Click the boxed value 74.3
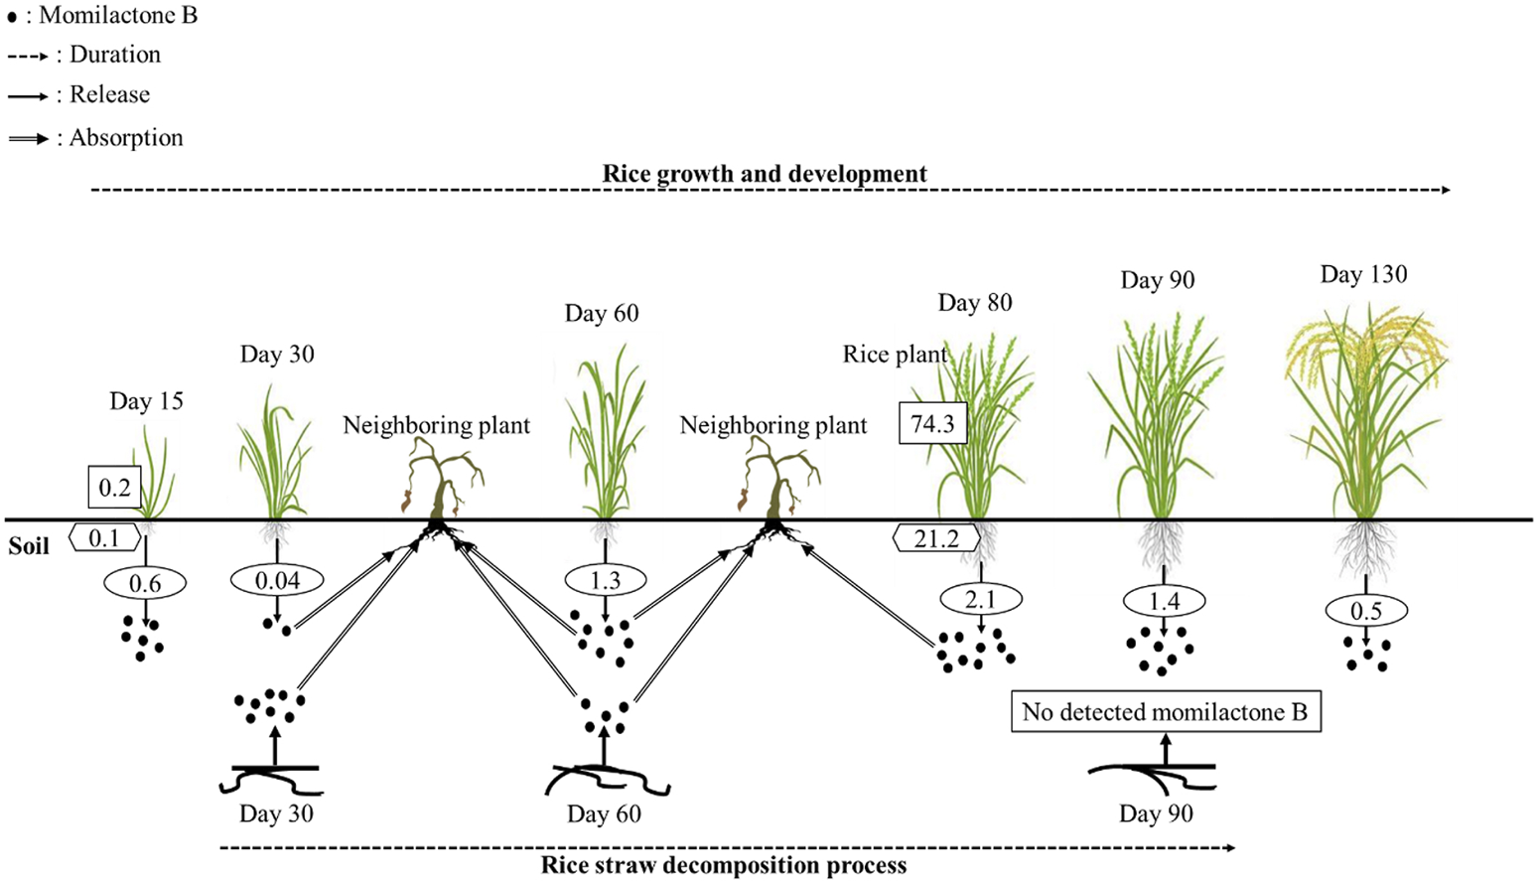click(x=932, y=424)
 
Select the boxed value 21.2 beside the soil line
click(x=936, y=538)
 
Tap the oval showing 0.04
click(x=277, y=580)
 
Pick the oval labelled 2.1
click(x=980, y=599)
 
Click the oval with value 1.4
click(x=1164, y=601)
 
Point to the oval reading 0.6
click(x=145, y=584)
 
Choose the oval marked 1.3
click(x=605, y=579)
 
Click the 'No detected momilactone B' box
click(x=1165, y=711)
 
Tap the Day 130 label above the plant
click(x=1363, y=274)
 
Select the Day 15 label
click(x=146, y=401)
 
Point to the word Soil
click(x=29, y=546)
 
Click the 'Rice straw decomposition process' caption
click(x=723, y=865)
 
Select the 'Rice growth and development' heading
click(x=765, y=174)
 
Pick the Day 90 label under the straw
click(x=1156, y=813)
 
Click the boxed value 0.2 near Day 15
click(x=114, y=488)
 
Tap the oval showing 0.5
click(x=1365, y=611)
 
